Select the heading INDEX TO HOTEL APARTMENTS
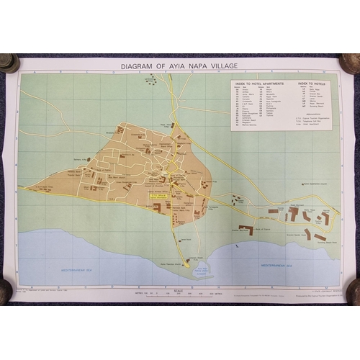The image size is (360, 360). point(257,84)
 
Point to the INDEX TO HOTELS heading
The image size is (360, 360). point(311,84)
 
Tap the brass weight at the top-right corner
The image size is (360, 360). point(350,63)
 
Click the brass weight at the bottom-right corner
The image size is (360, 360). point(353,292)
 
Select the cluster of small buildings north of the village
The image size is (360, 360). point(151,81)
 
